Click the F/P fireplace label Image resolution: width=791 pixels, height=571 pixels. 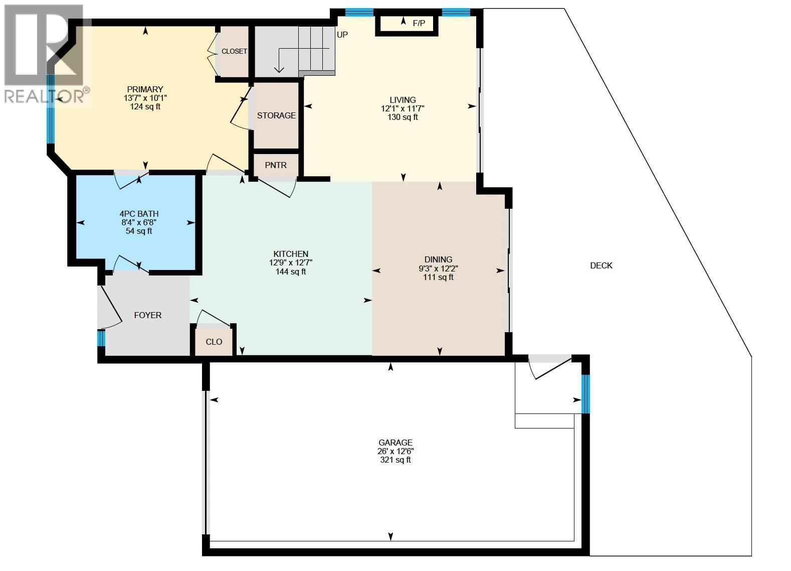(418, 23)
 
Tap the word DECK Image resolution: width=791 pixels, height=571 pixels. (601, 265)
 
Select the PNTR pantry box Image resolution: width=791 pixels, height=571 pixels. (276, 165)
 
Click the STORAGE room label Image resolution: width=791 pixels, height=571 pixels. (276, 115)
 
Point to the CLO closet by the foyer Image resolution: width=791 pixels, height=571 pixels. (214, 342)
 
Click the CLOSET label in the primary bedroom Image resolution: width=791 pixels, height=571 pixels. (234, 51)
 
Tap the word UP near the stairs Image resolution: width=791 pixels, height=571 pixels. (342, 35)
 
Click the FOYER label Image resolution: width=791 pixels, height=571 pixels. (148, 315)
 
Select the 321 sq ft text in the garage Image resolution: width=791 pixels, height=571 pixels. (396, 460)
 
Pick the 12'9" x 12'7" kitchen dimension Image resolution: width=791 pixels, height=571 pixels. (291, 263)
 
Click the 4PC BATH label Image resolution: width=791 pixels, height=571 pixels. (139, 214)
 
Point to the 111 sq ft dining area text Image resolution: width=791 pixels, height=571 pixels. (438, 277)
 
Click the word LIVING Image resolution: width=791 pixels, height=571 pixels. (403, 100)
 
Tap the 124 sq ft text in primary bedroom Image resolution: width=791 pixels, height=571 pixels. (145, 107)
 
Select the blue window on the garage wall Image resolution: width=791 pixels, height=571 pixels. (585, 394)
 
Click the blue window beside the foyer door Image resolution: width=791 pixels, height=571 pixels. (101, 338)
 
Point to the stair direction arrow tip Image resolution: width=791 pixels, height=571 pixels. (279, 71)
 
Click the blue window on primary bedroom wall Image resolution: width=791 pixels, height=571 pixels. (51, 109)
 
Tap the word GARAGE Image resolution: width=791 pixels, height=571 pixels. (396, 443)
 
